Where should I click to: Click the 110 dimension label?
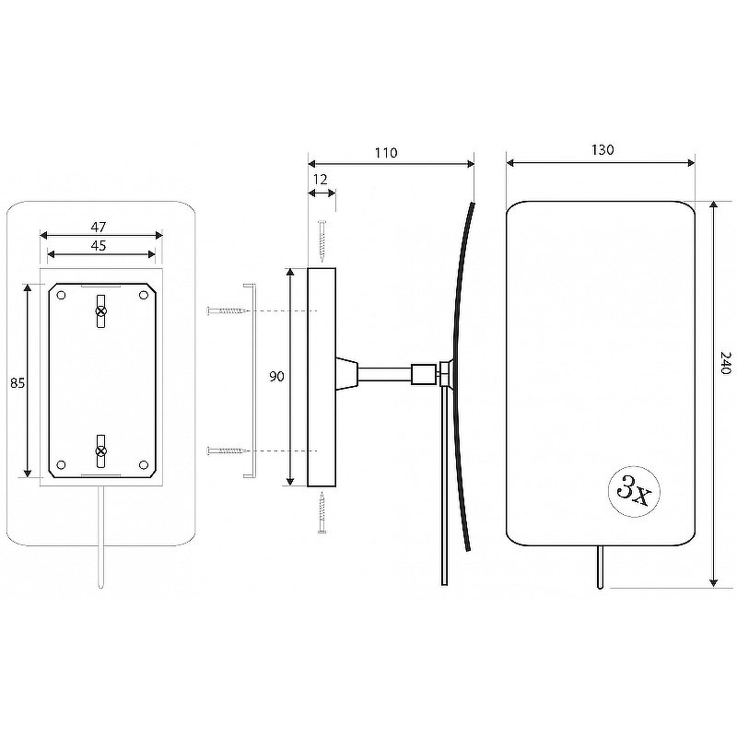coord(386,153)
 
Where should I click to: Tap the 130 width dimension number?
coord(602,150)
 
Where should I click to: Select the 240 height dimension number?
coord(726,362)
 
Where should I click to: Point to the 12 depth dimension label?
coord(320,180)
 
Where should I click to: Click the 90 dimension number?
coord(277,376)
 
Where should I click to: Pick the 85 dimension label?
coord(18,383)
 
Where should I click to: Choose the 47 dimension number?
coord(99,227)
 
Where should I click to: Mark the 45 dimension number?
coord(99,245)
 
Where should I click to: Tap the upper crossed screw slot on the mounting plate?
coord(101,310)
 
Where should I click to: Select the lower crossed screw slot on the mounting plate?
coord(101,451)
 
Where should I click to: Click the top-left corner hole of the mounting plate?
coord(61,295)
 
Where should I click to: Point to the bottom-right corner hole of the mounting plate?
coord(144,465)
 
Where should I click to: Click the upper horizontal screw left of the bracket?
coord(228,310)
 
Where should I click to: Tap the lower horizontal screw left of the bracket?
coord(228,450)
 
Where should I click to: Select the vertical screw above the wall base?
coord(322,241)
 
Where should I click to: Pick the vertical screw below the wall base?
coord(322,512)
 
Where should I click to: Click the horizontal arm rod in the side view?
coord(385,375)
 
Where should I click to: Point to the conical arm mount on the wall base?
coord(347,373)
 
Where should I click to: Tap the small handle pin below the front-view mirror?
coord(600,567)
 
